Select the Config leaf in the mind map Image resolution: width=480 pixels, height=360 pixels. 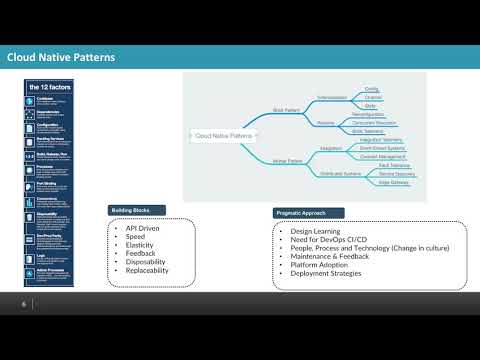click(371, 89)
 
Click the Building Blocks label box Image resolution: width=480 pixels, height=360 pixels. click(136, 210)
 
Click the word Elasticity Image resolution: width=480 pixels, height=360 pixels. click(139, 246)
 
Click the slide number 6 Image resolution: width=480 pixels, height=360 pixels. click(24, 304)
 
